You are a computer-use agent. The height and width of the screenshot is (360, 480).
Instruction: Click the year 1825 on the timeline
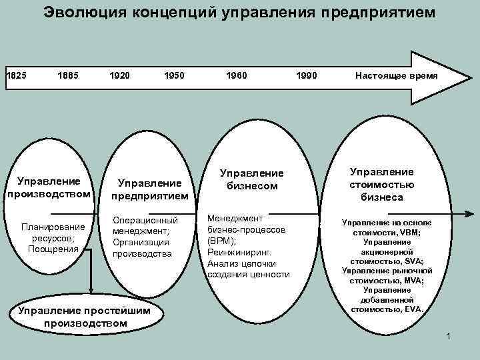click(16, 76)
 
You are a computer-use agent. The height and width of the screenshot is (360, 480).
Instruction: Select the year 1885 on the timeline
click(69, 76)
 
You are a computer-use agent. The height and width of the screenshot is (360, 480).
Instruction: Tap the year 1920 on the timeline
click(121, 76)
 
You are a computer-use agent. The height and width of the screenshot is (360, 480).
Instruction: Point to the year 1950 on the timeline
click(173, 76)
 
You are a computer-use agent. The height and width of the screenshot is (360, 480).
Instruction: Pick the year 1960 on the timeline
click(236, 76)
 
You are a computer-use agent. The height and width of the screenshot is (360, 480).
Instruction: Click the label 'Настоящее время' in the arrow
click(396, 76)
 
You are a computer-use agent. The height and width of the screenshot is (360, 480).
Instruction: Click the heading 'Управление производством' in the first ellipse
click(49, 187)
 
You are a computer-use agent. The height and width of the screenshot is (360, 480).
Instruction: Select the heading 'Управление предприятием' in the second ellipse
click(149, 189)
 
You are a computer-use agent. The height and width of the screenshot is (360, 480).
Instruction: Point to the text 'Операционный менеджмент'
click(145, 226)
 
